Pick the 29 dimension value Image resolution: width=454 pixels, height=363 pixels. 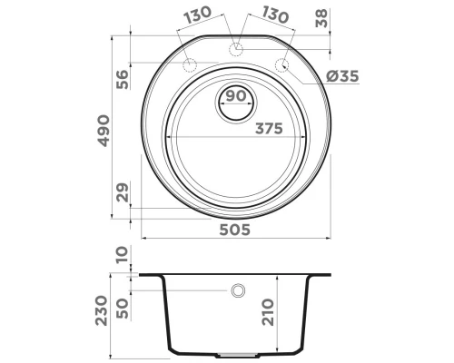coord(121,192)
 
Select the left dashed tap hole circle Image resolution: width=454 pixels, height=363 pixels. coord(191,66)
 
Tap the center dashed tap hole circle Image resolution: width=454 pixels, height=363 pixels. coord(236,48)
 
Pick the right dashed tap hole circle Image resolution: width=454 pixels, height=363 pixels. coord(281,66)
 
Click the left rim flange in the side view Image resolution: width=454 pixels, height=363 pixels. coord(149,274)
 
